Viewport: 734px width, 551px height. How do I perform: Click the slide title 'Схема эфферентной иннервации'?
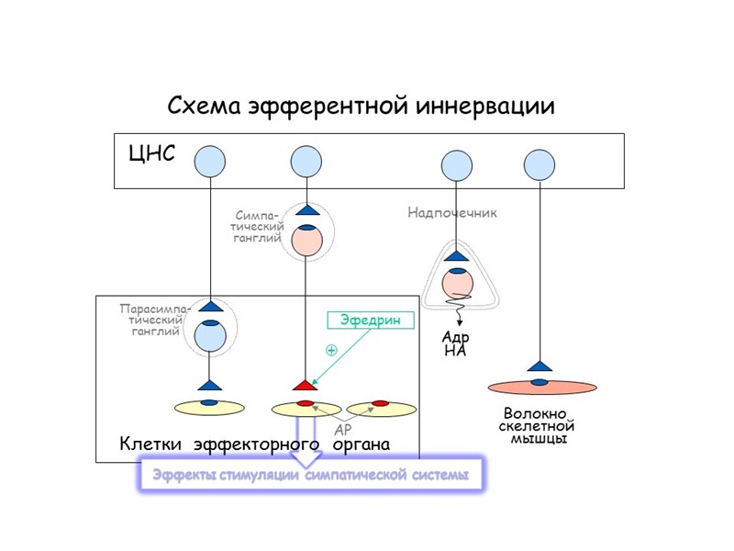click(x=361, y=106)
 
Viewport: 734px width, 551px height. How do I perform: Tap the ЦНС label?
click(x=152, y=153)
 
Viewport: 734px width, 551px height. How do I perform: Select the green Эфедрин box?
click(x=371, y=320)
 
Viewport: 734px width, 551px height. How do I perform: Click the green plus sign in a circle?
click(x=331, y=351)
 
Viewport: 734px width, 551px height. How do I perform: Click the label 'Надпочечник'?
click(x=452, y=213)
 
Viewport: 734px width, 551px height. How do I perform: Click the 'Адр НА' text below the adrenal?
click(x=455, y=343)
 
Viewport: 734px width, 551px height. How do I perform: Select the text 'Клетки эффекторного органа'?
click(x=254, y=444)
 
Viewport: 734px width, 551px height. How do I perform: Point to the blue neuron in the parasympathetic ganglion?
click(x=210, y=336)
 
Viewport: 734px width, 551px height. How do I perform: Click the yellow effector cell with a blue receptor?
click(x=209, y=406)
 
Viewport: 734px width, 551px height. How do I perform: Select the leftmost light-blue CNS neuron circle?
click(x=210, y=162)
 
